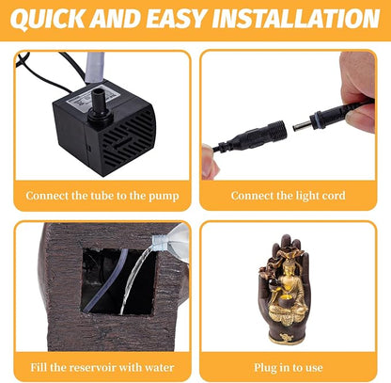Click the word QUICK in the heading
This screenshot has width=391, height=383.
[x=47, y=19]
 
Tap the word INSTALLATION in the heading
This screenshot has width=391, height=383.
[x=296, y=18]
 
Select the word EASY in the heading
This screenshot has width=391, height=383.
[x=176, y=18]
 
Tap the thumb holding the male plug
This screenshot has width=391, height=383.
[x=361, y=117]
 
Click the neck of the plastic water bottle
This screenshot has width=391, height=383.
[x=159, y=243]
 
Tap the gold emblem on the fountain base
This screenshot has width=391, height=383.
[x=287, y=338]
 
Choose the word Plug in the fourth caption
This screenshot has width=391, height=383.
[x=264, y=368]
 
